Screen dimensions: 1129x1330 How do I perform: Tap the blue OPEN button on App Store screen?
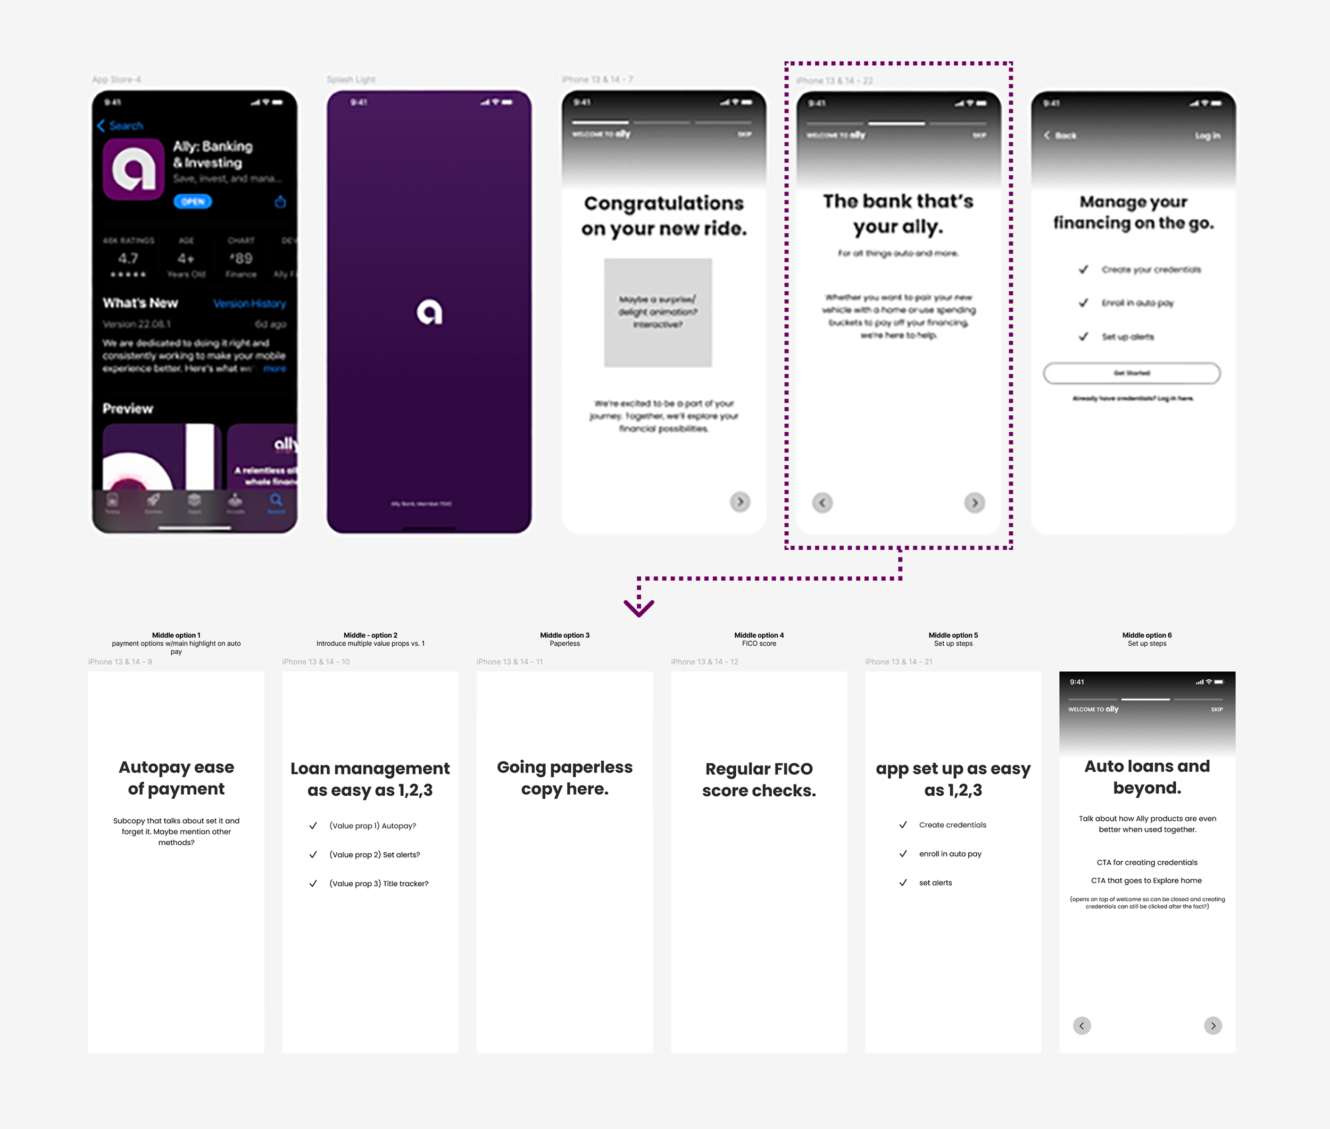tap(193, 202)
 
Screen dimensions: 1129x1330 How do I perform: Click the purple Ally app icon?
tap(134, 169)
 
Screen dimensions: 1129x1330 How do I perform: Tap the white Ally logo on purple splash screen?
tap(429, 312)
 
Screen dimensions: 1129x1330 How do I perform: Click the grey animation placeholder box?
tap(658, 312)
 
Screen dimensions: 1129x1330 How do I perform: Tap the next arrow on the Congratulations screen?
tap(740, 502)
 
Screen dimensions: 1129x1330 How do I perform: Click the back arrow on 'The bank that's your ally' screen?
tap(822, 503)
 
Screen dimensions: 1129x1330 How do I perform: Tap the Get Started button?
tap(1132, 373)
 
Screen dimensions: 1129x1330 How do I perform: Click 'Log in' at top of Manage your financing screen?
tap(1207, 136)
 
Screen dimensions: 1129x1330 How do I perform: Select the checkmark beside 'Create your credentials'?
tap(1083, 269)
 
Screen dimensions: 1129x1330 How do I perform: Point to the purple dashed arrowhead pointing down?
tap(639, 607)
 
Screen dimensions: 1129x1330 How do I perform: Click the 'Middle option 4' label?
tap(759, 635)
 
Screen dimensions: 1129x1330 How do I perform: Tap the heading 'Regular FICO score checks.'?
tap(759, 779)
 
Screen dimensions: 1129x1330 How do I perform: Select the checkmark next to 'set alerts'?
tap(903, 883)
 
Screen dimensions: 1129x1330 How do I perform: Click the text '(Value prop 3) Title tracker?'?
tap(379, 883)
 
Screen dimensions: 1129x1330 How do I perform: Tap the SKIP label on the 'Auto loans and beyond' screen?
tap(1217, 709)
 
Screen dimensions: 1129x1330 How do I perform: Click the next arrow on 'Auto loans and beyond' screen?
tap(1213, 1025)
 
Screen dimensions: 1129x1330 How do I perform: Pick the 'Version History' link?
tap(250, 303)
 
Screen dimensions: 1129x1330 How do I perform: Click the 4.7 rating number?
tap(128, 259)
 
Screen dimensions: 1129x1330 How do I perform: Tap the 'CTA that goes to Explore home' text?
tap(1146, 880)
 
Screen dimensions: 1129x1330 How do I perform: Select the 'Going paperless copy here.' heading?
tap(564, 778)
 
